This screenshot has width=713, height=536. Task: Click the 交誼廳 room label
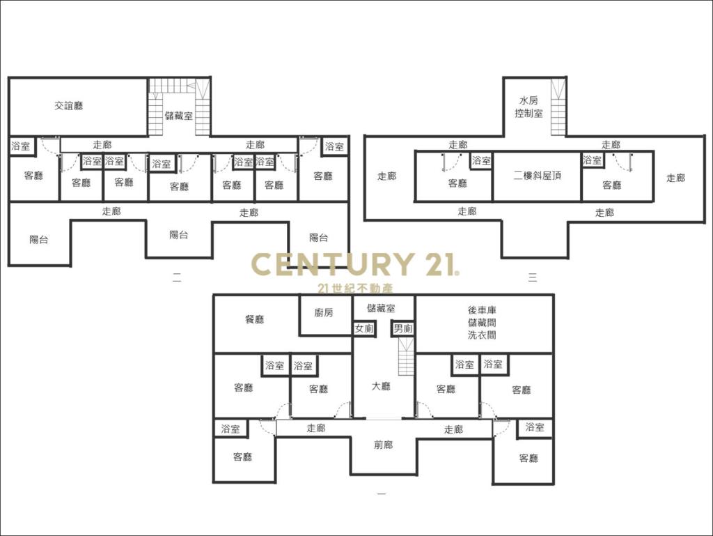click(69, 106)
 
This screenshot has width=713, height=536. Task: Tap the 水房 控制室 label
click(528, 107)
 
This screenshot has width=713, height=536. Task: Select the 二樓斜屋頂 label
click(537, 176)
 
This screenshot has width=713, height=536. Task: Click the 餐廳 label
click(255, 319)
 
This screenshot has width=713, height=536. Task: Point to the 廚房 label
click(324, 312)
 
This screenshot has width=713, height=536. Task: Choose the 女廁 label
click(364, 328)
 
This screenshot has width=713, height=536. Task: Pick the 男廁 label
click(403, 328)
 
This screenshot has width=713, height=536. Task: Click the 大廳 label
click(381, 386)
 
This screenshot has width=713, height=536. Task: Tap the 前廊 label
click(384, 445)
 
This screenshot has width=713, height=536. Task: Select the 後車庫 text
click(482, 310)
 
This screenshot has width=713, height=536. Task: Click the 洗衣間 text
click(482, 335)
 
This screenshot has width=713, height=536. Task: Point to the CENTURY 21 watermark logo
click(355, 264)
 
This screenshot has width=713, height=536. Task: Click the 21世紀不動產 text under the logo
click(355, 289)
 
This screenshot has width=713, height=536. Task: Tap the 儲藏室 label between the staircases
click(179, 116)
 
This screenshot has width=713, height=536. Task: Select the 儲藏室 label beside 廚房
click(381, 309)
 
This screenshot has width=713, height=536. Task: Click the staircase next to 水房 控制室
click(558, 107)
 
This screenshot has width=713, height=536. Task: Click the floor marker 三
click(533, 277)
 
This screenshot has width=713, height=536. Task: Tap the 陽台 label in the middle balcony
click(179, 235)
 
